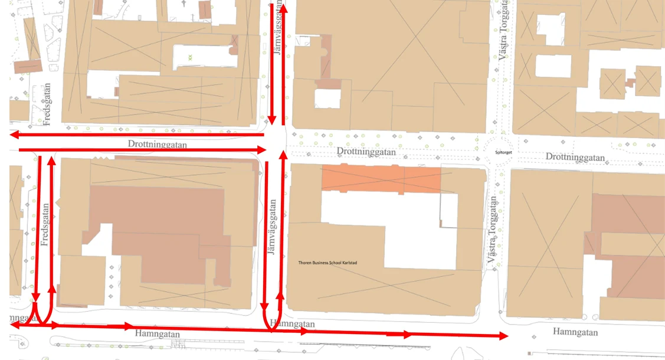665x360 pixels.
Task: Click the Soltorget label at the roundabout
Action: pyautogui.click(x=502, y=151)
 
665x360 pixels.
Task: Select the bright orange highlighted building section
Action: pyautogui.click(x=381, y=179)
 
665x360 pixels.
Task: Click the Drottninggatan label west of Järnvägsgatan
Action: pyautogui.click(x=154, y=144)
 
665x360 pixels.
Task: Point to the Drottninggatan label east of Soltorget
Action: pyautogui.click(x=575, y=157)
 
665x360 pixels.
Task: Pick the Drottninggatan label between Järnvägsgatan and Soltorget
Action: pyautogui.click(x=366, y=152)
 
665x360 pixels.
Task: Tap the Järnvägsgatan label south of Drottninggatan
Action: pyautogui.click(x=272, y=227)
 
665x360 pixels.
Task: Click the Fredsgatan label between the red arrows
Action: pyautogui.click(x=45, y=224)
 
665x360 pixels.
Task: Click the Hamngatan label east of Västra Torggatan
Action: pyautogui.click(x=575, y=332)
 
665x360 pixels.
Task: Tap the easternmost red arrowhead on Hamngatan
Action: pyautogui.click(x=503, y=336)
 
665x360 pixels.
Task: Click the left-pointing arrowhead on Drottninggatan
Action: pyautogui.click(x=15, y=135)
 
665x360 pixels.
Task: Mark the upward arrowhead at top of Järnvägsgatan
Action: pyautogui.click(x=283, y=8)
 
